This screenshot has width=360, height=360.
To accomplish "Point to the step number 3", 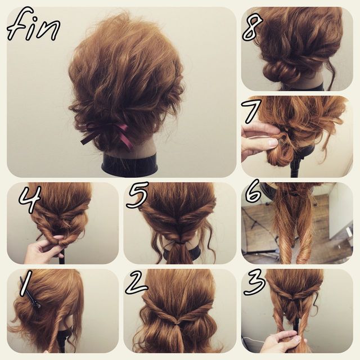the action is click(254, 282).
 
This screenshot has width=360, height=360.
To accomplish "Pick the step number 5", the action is click(138, 195).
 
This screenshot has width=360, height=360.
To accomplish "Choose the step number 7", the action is click(251, 112).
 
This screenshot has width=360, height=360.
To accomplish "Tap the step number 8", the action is click(252, 29).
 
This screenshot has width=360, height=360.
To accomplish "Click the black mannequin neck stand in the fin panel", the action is click(130, 166).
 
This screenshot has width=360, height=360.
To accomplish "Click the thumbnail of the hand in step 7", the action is click(273, 143).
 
